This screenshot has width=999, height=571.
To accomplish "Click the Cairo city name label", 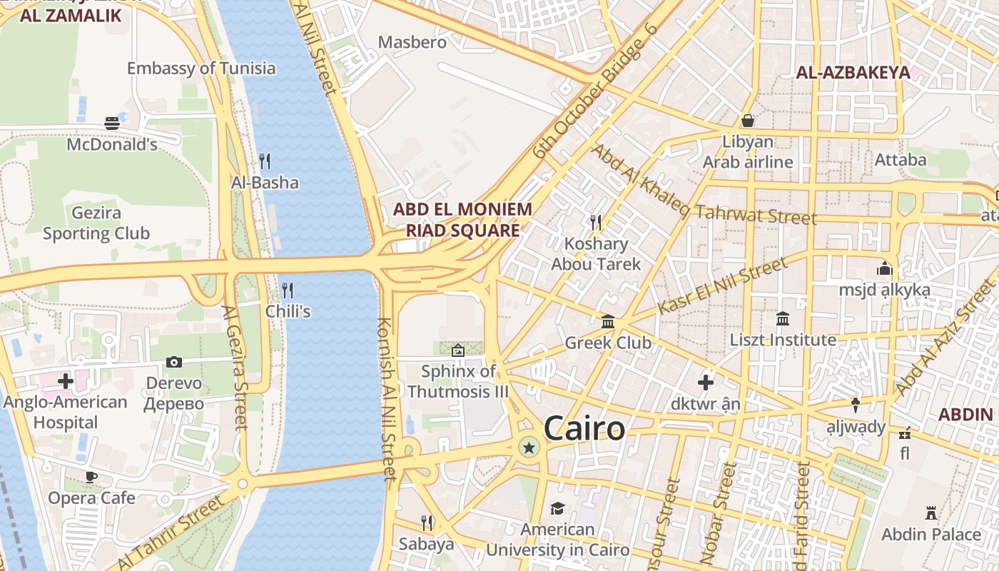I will (x=584, y=429).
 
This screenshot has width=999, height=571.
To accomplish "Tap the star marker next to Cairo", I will (x=529, y=448).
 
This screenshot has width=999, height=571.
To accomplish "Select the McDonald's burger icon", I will (x=112, y=123).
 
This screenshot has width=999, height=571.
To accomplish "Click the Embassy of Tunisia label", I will (x=201, y=69).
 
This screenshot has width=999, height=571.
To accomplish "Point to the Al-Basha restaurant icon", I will (x=265, y=161).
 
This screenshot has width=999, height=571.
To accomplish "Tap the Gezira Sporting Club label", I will (x=96, y=223).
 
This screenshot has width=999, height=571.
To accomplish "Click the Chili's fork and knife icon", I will (x=288, y=290).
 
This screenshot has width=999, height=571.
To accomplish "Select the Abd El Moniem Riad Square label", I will (x=462, y=220).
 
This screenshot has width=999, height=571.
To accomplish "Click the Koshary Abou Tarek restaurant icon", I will (x=597, y=223).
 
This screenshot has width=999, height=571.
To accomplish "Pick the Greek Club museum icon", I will (x=608, y=321).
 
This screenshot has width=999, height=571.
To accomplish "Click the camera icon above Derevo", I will (x=174, y=362).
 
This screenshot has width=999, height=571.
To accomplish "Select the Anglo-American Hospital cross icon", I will (x=66, y=380).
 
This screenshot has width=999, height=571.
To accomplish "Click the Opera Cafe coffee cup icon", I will (x=91, y=476).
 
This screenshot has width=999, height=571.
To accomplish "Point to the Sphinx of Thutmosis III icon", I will (x=458, y=350).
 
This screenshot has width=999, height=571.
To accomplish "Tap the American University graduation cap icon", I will (x=557, y=508).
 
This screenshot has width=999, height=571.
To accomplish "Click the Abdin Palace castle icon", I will (x=930, y=512).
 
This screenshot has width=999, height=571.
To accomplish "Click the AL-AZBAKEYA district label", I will (x=853, y=72).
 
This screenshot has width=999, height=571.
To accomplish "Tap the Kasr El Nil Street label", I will (x=722, y=285).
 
